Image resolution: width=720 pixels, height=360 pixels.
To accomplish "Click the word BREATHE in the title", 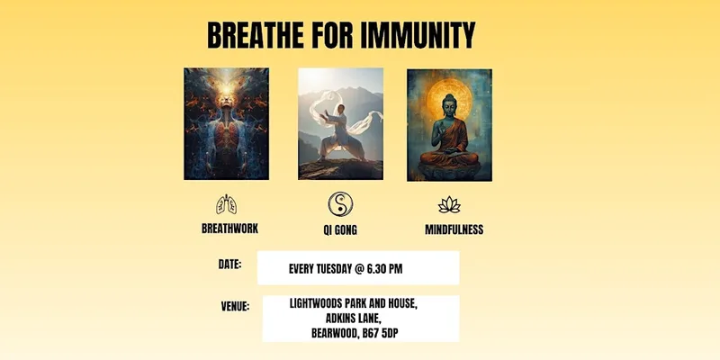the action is click(x=256, y=35).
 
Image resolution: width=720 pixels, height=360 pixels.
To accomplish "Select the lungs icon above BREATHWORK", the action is click(x=227, y=204).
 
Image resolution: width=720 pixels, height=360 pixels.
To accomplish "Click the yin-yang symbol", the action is click(x=340, y=204).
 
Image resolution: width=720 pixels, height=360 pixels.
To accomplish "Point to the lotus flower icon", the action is click(x=449, y=205).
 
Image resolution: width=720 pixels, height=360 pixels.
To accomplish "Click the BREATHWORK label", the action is click(x=229, y=229).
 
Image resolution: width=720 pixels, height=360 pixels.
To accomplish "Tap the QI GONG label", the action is click(x=340, y=230).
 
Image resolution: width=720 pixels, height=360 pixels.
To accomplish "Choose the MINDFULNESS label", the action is click(x=454, y=229).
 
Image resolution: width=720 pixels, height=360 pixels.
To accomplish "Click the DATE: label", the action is click(x=229, y=265).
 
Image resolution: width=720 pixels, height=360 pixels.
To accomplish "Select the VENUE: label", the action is click(x=235, y=306).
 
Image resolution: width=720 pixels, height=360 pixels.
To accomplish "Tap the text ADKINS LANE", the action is click(x=353, y=319).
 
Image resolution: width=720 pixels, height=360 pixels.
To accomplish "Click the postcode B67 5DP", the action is click(x=380, y=333).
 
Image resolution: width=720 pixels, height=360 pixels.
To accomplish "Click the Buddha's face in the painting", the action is click(x=448, y=104).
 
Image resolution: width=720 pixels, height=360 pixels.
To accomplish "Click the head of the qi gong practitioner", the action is click(x=340, y=109).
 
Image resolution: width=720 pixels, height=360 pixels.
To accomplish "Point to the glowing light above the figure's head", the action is click(x=226, y=87).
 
